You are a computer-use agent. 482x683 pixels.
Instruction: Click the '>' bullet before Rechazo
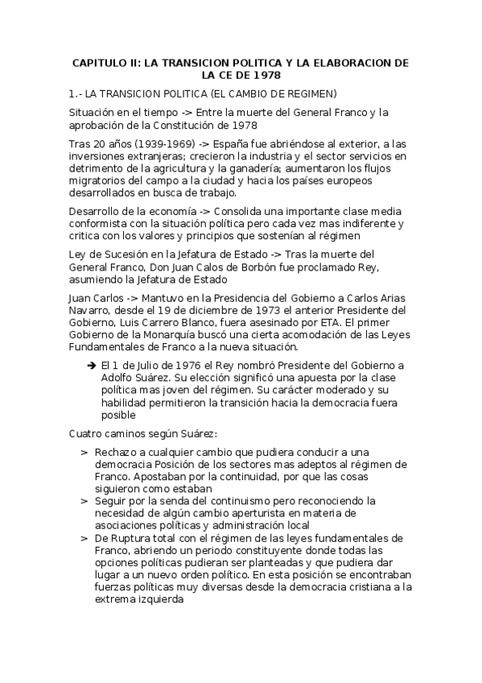tap(84, 453)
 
